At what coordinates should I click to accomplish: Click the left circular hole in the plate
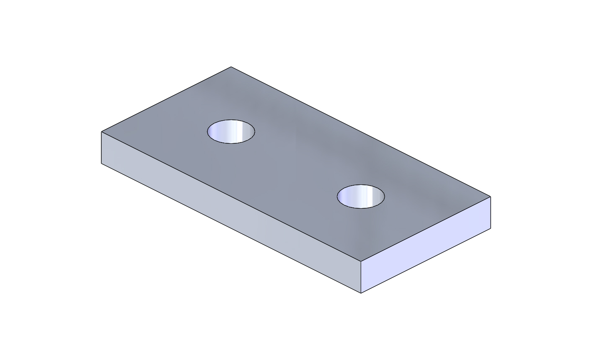pos(231,132)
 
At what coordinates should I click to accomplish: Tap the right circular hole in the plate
pos(361,196)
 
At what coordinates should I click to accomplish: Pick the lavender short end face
pos(426,245)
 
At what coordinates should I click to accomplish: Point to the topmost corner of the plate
pos(231,67)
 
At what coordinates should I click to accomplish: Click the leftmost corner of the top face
pos(102,132)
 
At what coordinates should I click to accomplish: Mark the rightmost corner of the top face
pos(490,197)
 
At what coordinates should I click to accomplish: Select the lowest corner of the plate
pos(361,293)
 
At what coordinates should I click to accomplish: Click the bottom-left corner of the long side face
pos(102,163)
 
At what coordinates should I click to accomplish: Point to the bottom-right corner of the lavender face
pos(490,228)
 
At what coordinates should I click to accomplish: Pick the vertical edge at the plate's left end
pos(102,148)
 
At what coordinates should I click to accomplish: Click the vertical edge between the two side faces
pos(361,277)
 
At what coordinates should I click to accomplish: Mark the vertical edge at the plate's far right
pos(490,212)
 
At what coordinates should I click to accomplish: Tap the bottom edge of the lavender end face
pos(426,261)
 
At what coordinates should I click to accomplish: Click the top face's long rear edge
pos(361,132)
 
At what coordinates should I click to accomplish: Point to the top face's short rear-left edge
pos(166,99)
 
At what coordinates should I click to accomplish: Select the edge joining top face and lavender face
pos(426,229)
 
